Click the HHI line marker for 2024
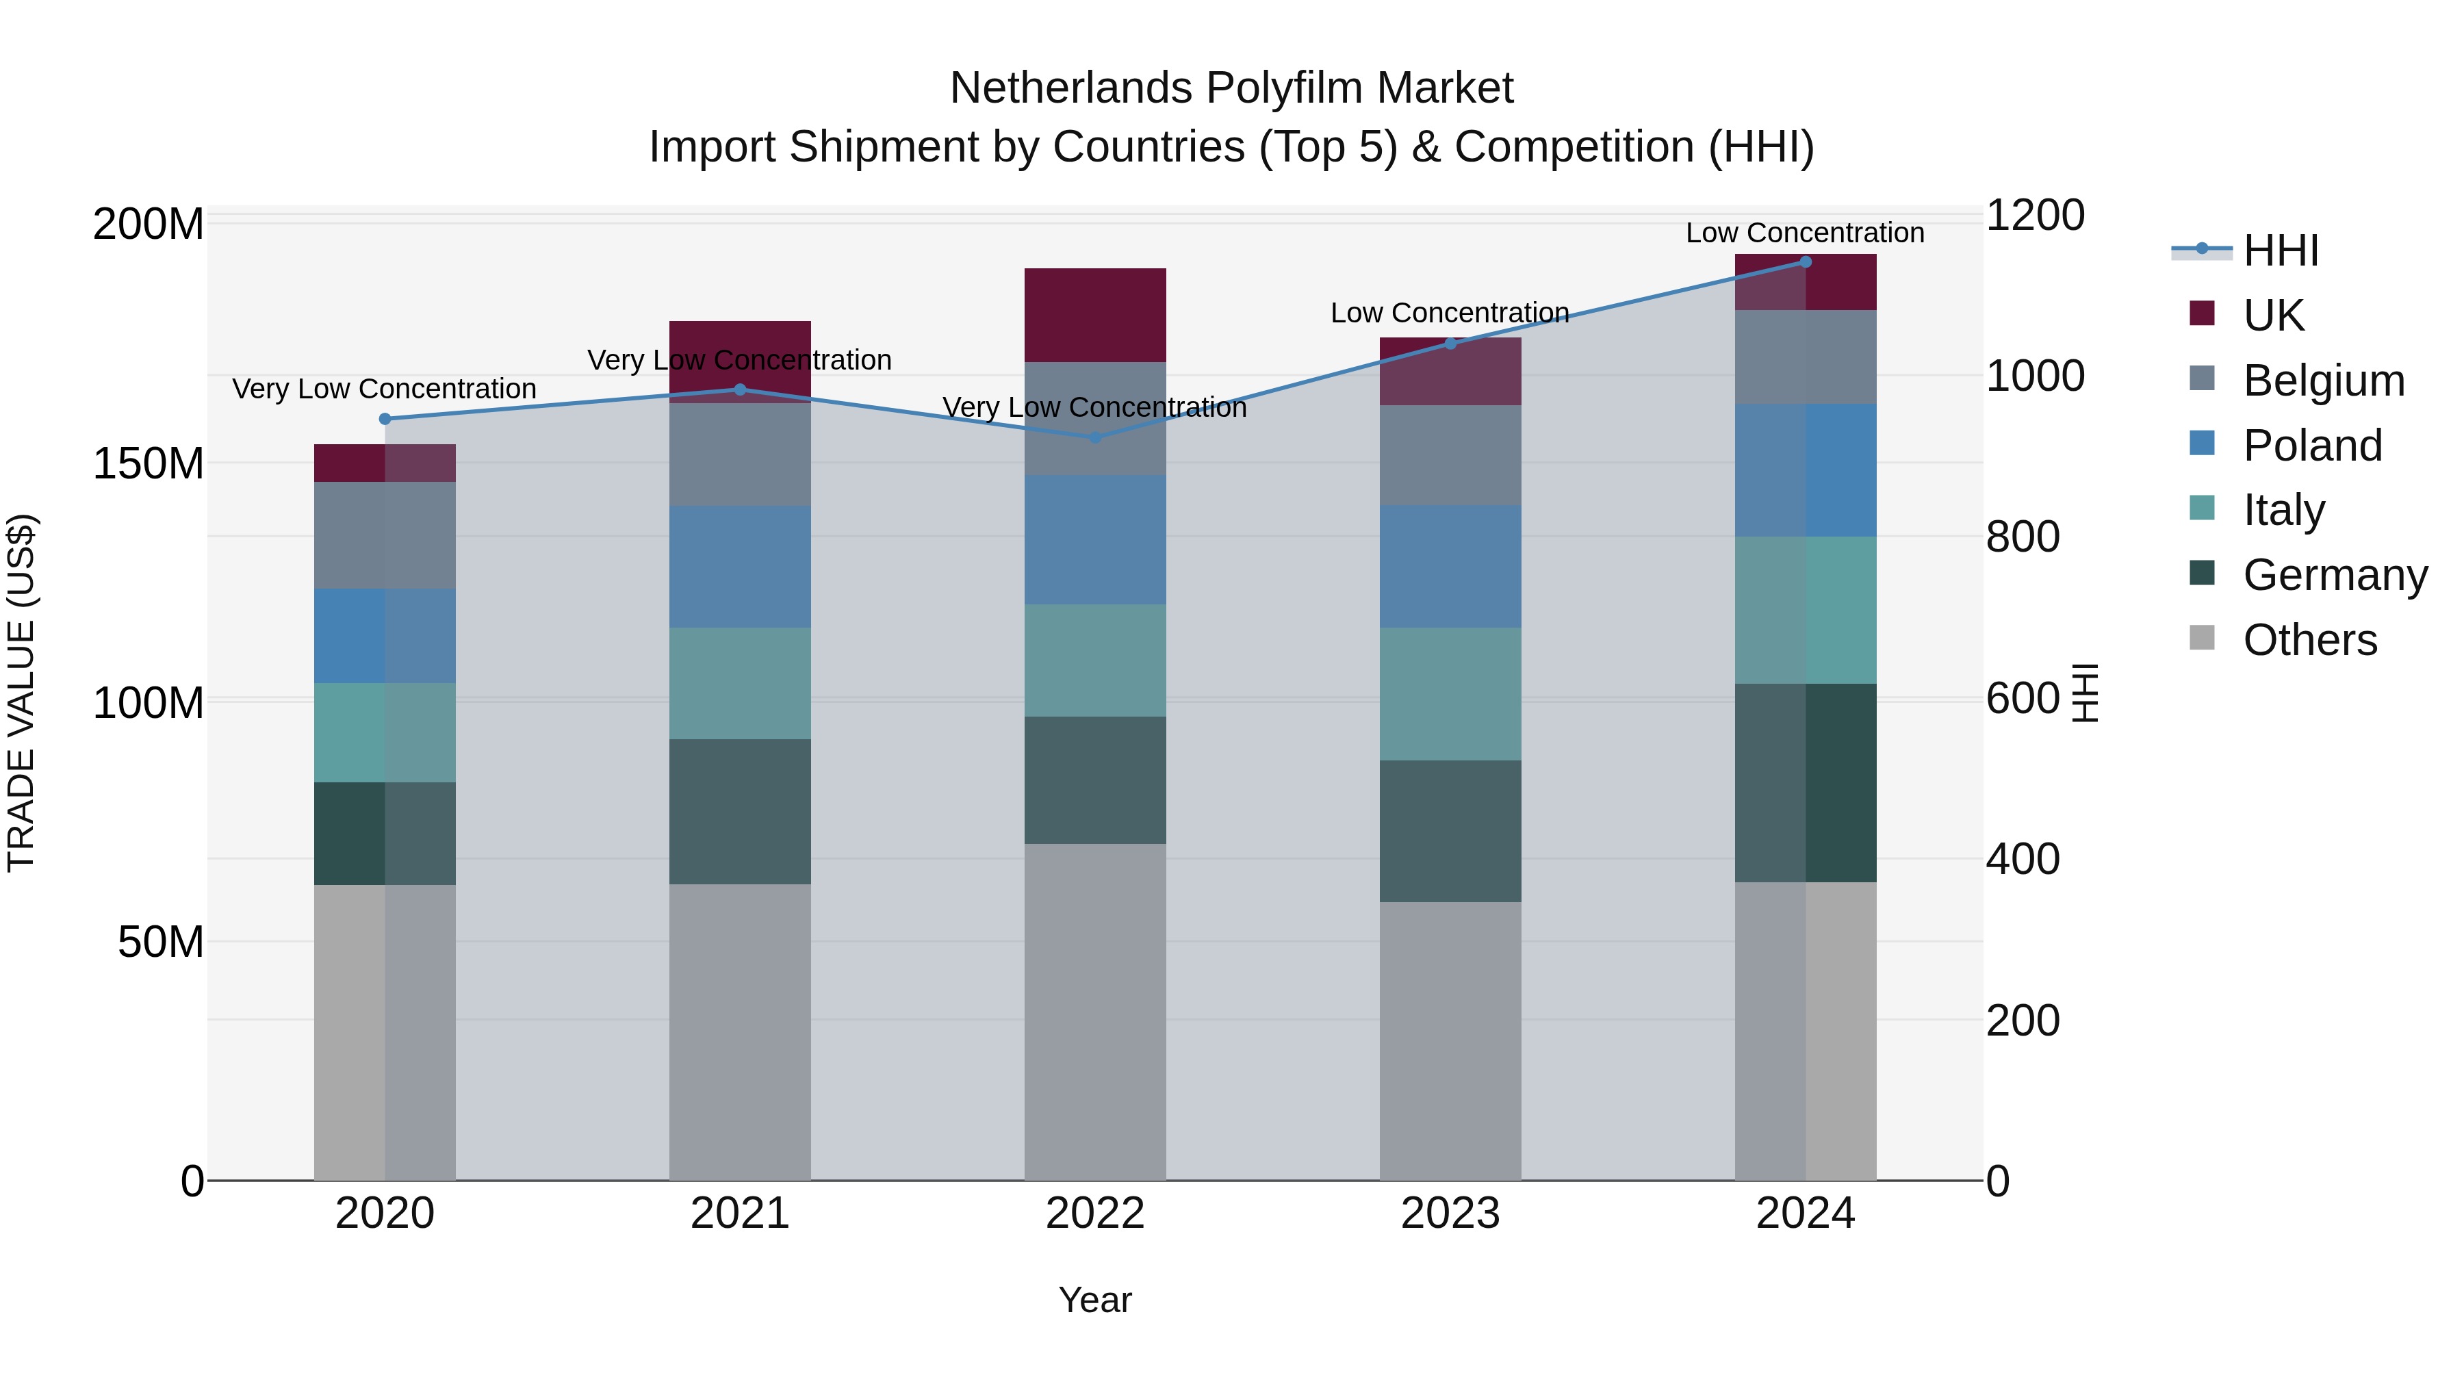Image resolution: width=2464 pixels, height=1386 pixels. coord(1805,262)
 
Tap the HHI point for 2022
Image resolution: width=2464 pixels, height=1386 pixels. coord(1095,437)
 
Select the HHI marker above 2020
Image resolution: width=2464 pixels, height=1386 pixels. coord(385,419)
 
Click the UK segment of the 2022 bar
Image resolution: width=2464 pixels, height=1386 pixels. coord(1095,315)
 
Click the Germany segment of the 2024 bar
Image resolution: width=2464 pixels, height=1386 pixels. coord(1805,782)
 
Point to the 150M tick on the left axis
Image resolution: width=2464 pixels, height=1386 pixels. coord(149,464)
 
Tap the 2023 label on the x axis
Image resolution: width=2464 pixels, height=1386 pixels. coord(1450,1214)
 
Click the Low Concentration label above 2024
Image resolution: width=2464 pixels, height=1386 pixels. coord(1804,233)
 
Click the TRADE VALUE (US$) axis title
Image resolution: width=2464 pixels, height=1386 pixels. coord(21,693)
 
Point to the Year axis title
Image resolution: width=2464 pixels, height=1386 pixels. coord(1095,1300)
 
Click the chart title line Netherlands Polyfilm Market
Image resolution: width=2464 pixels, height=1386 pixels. coord(1231,88)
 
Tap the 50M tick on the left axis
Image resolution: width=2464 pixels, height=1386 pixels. coord(161,942)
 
